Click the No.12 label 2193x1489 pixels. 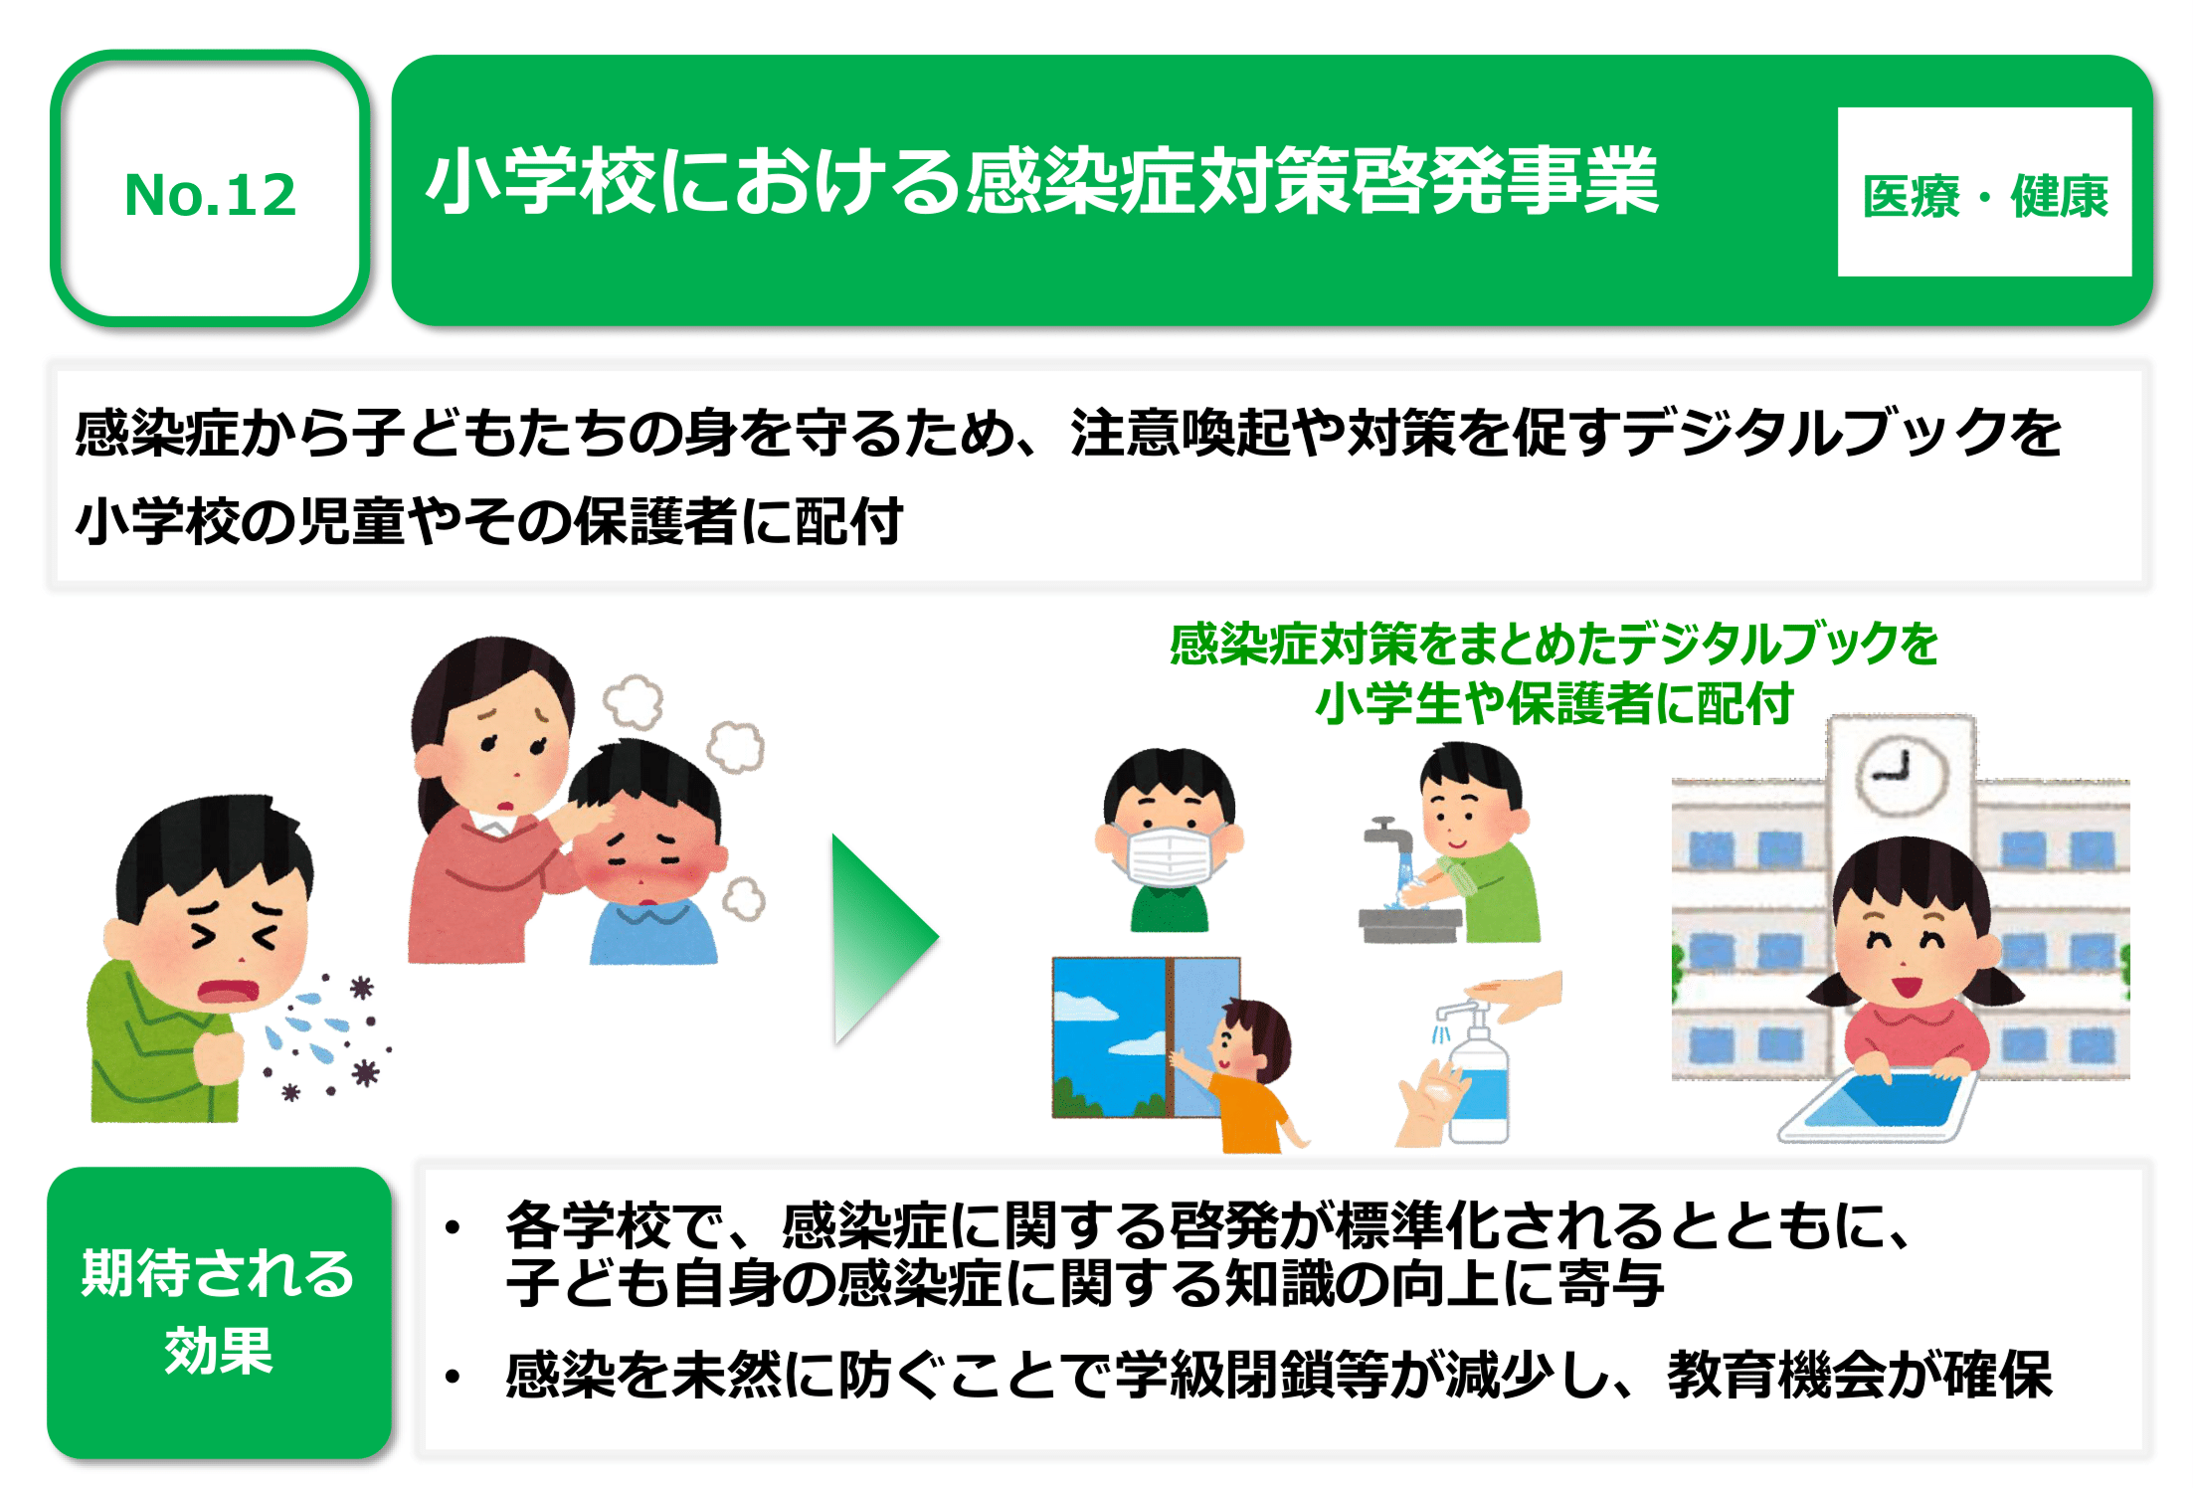tap(210, 194)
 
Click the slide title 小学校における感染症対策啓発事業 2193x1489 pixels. tap(1043, 180)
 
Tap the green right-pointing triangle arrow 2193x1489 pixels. tap(883, 938)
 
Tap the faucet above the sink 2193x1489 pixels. tap(1387, 834)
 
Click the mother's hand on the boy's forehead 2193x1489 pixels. tap(589, 820)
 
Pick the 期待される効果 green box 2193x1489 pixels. tap(219, 1312)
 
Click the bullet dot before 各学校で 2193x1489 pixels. tap(454, 1226)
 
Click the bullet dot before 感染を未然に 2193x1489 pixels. tap(454, 1377)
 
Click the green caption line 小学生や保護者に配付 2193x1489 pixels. tap(1553, 703)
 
